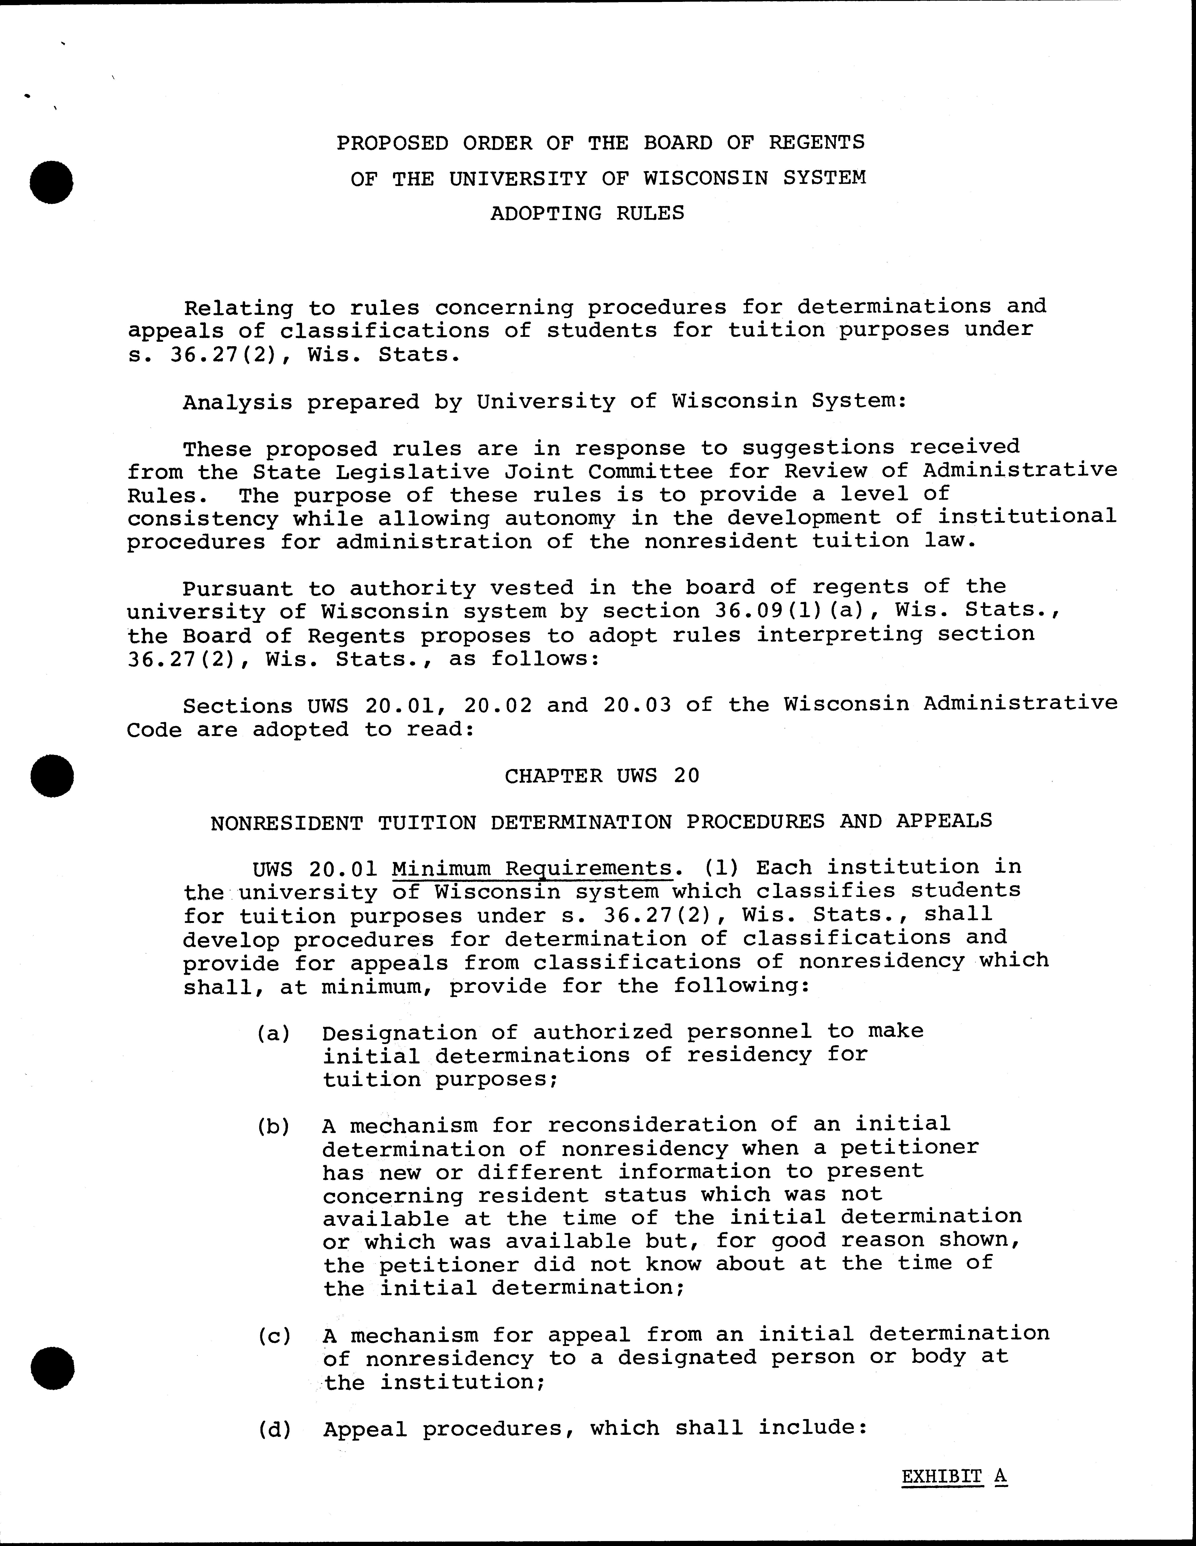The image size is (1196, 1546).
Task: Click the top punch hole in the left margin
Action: pos(52,182)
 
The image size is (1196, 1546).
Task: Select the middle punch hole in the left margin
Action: pos(52,776)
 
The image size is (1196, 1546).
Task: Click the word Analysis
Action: pos(237,402)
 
